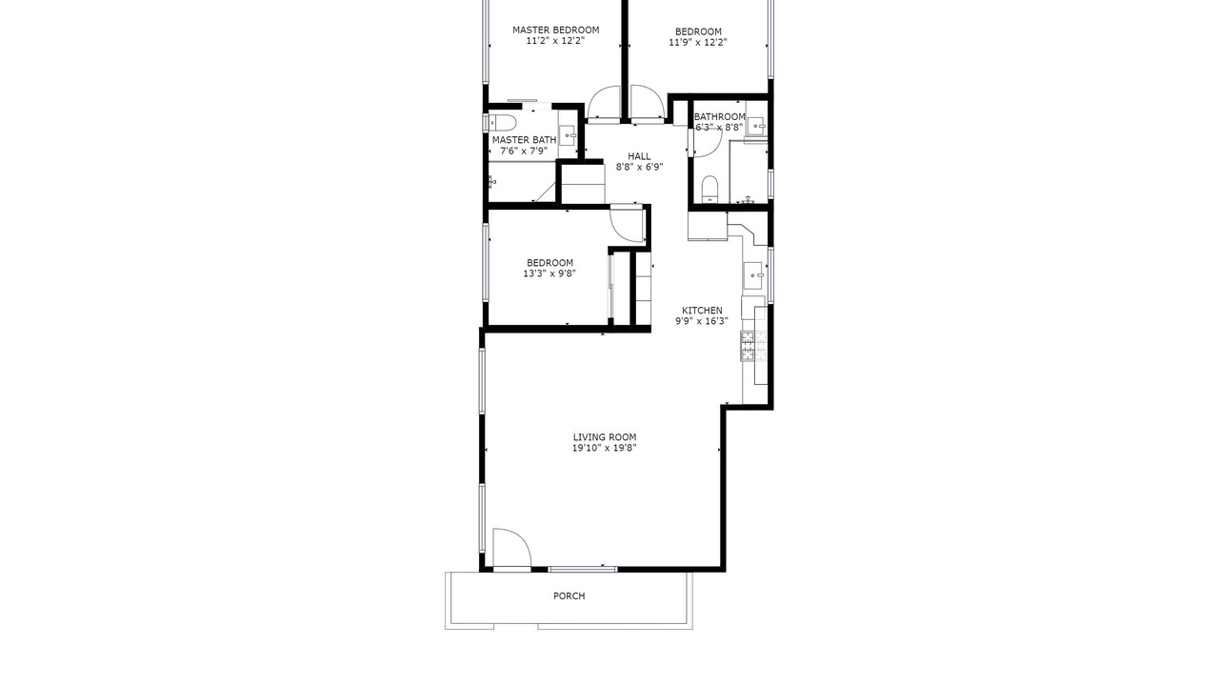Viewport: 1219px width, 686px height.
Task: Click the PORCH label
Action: point(569,596)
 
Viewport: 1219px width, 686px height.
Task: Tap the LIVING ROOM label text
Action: point(605,437)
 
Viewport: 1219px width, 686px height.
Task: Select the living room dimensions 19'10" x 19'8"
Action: point(604,448)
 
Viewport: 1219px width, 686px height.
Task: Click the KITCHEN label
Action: point(702,311)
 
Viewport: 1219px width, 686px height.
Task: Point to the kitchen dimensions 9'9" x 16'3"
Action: point(702,321)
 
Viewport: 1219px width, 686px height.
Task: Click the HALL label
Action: point(639,156)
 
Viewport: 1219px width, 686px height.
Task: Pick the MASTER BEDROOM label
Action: point(555,30)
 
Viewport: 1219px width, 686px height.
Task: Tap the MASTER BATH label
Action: point(524,140)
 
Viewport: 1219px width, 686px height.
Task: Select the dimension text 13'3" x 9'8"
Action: point(550,273)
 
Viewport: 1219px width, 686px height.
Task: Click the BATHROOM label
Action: point(719,116)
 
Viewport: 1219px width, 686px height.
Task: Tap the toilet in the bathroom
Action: point(709,189)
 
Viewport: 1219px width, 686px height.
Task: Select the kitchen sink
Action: point(755,275)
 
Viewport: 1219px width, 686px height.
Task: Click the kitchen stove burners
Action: point(753,346)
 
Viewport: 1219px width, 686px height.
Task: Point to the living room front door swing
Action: point(511,548)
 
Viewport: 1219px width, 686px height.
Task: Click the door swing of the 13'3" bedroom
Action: point(628,224)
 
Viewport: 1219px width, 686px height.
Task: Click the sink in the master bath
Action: point(569,134)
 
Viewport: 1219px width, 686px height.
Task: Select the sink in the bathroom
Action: point(756,126)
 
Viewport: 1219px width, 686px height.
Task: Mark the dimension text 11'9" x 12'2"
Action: point(698,43)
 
